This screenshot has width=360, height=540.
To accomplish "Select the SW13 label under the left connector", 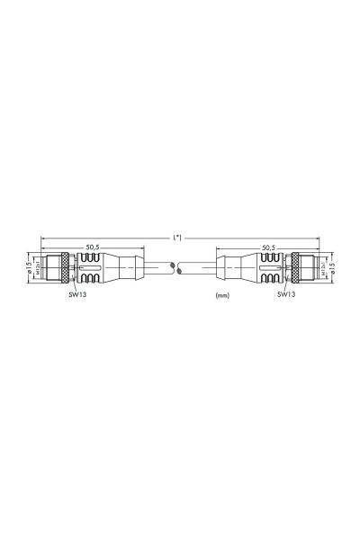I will click(77, 293).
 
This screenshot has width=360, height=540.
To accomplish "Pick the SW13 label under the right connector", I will click(285, 293).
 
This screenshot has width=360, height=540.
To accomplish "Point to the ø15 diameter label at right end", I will click(333, 268).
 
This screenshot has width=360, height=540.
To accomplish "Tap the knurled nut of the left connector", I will click(63, 268).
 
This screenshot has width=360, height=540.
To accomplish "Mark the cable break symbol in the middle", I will click(180, 268).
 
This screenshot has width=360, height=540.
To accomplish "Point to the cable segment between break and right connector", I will click(200, 268).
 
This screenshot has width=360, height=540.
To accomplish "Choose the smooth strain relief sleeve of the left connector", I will click(124, 268).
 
